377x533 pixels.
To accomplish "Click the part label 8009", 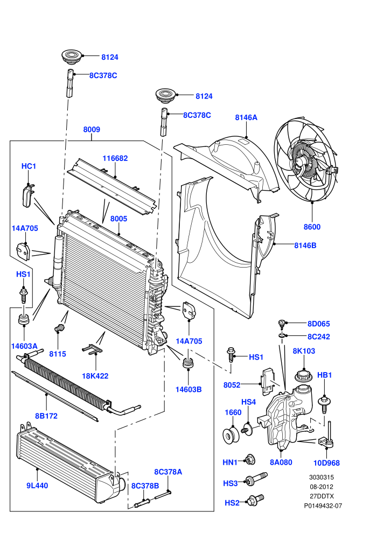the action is [x=92, y=130].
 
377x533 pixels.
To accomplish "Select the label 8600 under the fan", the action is [x=312, y=227].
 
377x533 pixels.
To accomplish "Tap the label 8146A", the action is [x=246, y=117].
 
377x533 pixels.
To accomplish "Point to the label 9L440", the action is [x=37, y=486].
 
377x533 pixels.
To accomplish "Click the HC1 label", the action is [x=29, y=166].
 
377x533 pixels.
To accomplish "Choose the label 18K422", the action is [x=95, y=376].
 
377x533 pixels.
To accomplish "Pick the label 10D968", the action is [x=326, y=463].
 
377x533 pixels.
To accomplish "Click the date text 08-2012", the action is [x=321, y=487].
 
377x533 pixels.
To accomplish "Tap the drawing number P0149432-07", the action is [x=323, y=506].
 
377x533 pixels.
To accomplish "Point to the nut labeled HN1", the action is [x=250, y=460].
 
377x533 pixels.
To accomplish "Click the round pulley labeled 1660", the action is [x=231, y=436].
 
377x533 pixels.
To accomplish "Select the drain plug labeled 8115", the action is [x=60, y=328].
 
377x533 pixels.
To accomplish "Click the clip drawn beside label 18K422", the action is [x=92, y=349].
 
